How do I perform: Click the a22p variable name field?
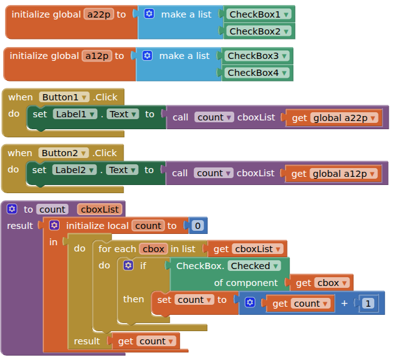[99, 14]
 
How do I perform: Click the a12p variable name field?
[97, 56]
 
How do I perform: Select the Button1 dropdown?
[64, 97]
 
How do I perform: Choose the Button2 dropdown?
[64, 153]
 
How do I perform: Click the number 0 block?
[198, 226]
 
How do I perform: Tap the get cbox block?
[320, 283]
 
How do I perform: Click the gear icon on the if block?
[129, 266]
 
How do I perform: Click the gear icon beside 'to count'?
[12, 209]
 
